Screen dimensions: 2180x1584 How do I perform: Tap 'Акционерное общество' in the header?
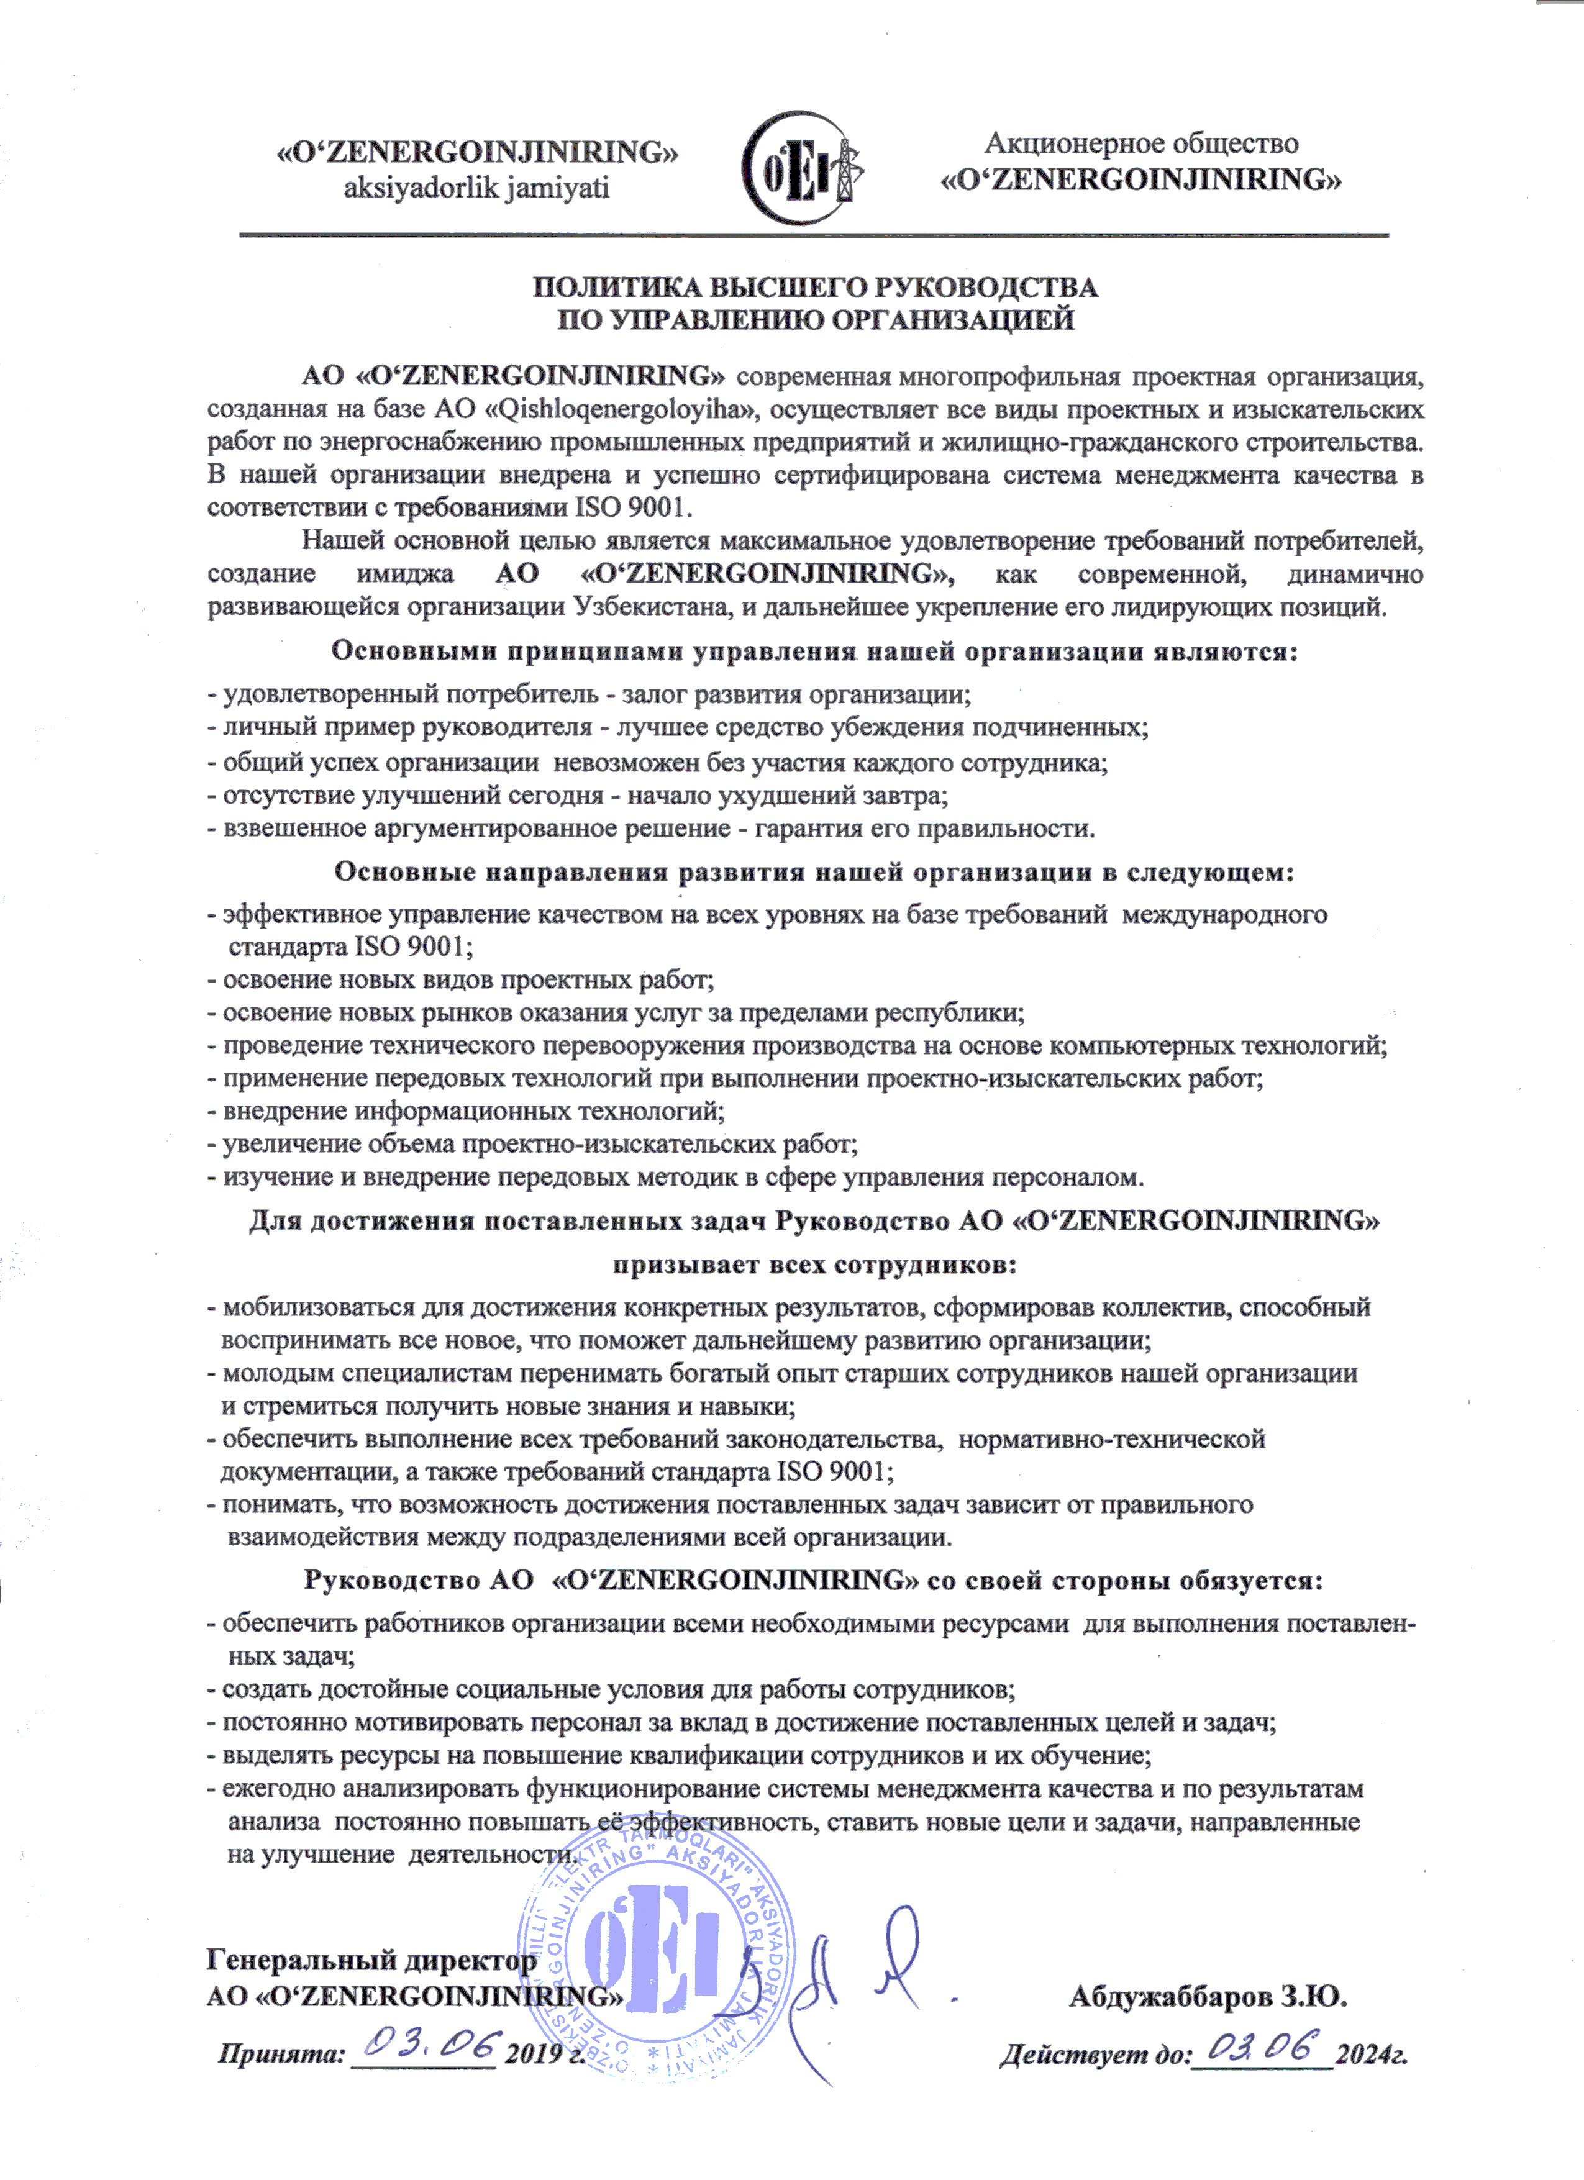tap(1141, 143)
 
